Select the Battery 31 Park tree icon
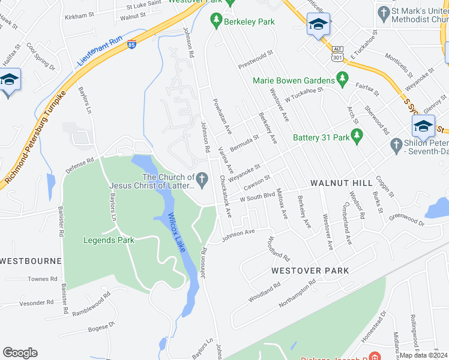(358, 137)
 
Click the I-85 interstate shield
(131, 44)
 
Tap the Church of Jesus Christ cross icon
(203, 178)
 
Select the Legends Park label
(108, 240)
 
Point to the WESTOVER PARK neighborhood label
(310, 271)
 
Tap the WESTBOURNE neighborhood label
(31, 261)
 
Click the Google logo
(20, 353)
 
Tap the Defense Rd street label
(80, 165)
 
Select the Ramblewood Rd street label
(91, 304)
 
